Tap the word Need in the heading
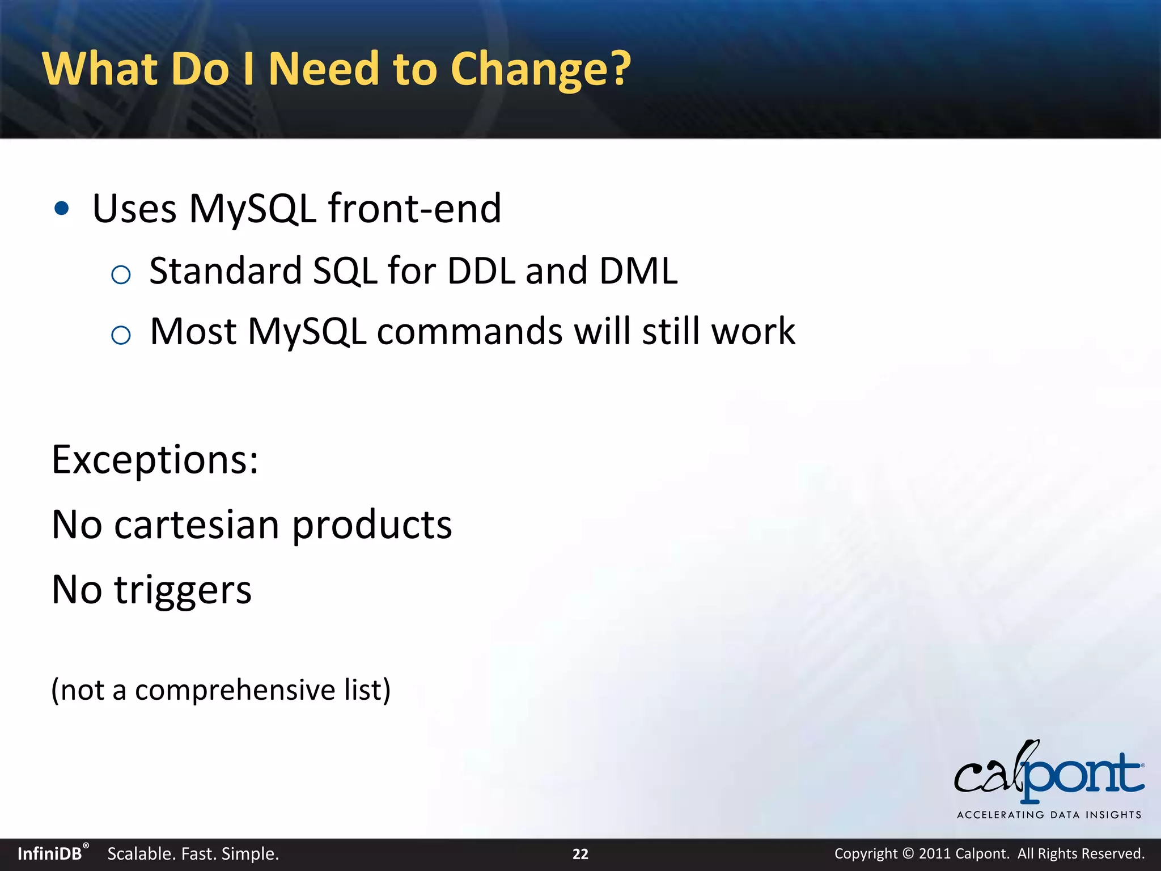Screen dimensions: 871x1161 323,69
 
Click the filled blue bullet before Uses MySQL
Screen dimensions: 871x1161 62,209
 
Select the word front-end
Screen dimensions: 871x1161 414,209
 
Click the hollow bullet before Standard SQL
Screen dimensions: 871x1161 121,276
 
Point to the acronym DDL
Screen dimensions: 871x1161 481,271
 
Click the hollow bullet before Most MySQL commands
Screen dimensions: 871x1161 121,336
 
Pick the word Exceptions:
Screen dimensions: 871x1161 155,459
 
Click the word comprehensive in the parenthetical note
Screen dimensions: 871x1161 235,691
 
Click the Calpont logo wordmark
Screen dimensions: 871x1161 1049,774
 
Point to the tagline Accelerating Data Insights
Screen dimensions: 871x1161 1049,815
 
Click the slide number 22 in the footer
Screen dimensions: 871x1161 580,854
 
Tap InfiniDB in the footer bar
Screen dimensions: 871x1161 50,854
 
